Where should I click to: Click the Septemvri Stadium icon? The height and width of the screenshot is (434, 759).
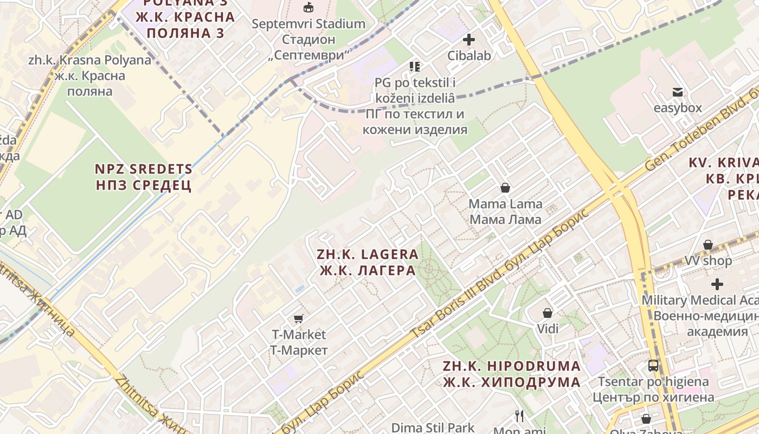[x=308, y=8]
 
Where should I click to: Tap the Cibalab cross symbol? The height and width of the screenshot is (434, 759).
[x=469, y=40]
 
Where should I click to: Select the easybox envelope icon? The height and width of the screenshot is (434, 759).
[x=678, y=92]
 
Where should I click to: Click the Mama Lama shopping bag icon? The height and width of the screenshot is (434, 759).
[x=505, y=188]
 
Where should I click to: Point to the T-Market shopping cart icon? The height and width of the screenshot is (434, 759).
[x=298, y=318]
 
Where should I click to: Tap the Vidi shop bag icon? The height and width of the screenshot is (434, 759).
[x=548, y=313]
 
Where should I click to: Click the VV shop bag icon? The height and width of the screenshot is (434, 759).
[x=708, y=245]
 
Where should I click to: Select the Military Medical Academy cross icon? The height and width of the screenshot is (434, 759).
[x=717, y=284]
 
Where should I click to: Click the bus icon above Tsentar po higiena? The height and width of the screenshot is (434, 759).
[x=653, y=366]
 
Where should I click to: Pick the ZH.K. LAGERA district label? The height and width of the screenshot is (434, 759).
[x=368, y=262]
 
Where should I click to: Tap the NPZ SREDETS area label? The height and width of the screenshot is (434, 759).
[x=144, y=177]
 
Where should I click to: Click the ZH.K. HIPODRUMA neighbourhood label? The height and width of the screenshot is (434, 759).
[x=511, y=374]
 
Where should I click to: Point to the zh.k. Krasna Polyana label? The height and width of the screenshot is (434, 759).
[x=90, y=75]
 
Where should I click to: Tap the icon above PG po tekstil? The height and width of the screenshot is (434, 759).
[x=415, y=67]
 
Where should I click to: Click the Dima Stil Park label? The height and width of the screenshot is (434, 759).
[x=433, y=427]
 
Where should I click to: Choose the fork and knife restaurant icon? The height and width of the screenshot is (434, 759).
[x=519, y=416]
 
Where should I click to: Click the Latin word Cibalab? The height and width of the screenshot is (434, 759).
[x=469, y=55]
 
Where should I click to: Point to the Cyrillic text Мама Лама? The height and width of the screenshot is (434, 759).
[x=505, y=219]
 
